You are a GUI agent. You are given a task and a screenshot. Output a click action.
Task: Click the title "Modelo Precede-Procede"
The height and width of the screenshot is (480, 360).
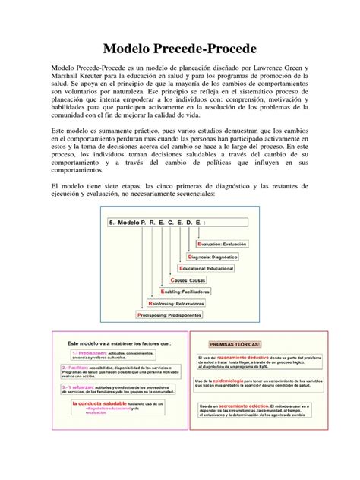180,45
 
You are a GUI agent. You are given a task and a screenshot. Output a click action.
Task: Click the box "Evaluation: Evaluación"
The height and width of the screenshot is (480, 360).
220,244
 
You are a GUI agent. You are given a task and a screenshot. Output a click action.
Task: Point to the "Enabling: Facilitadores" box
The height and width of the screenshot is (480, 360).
193,291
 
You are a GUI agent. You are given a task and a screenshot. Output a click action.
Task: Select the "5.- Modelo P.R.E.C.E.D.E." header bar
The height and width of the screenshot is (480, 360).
174,224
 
